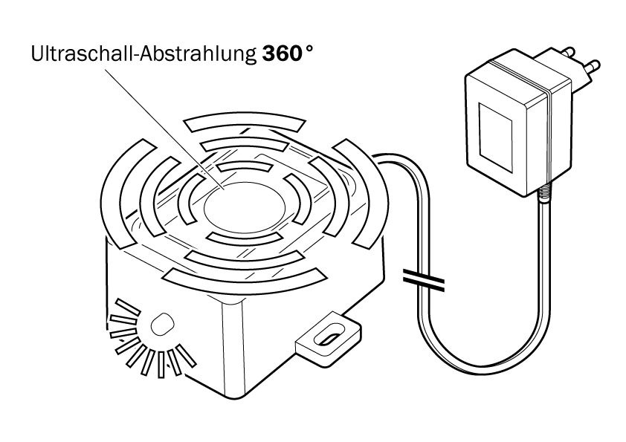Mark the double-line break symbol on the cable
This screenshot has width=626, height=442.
(x=424, y=279)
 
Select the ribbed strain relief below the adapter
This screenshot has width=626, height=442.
(x=544, y=195)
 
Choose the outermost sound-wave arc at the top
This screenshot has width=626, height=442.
(x=245, y=120)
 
